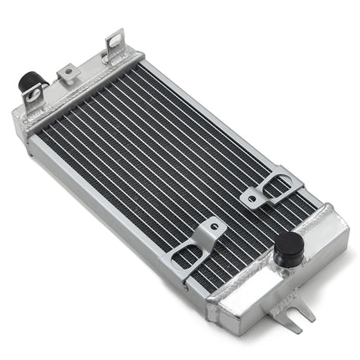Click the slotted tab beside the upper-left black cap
(x=34, y=101)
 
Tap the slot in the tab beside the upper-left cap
(x=33, y=97)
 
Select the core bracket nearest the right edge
(x=266, y=188)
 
